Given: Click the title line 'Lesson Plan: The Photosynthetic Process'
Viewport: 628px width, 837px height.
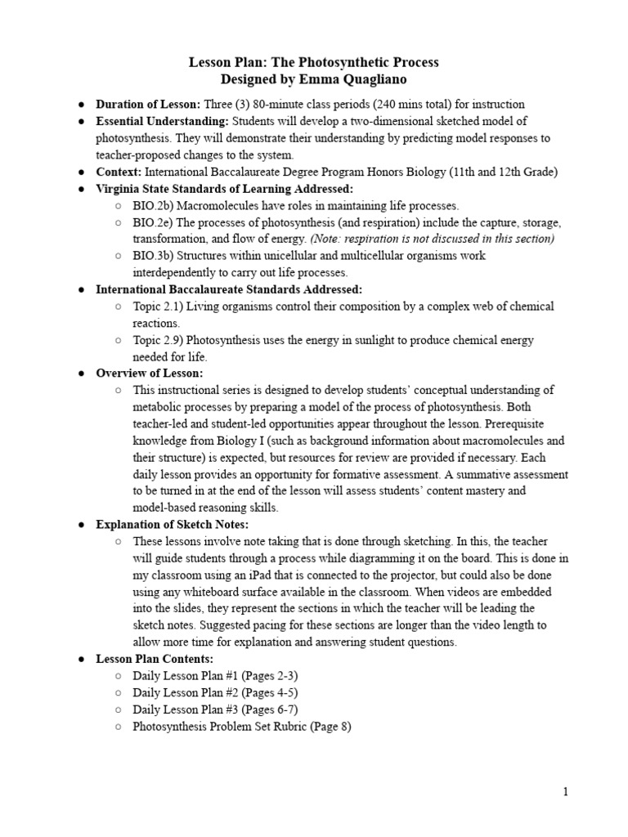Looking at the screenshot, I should [x=314, y=62].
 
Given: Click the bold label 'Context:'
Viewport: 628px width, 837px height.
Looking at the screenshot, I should [x=119, y=172].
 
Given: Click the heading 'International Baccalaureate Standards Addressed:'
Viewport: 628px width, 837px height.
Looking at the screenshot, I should [x=229, y=289].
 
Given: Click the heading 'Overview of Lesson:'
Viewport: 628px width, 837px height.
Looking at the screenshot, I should [x=150, y=373].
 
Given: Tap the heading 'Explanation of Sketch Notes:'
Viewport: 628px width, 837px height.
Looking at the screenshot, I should [x=173, y=524].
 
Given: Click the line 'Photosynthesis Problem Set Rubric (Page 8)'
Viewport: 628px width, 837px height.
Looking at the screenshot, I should [x=242, y=726].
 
